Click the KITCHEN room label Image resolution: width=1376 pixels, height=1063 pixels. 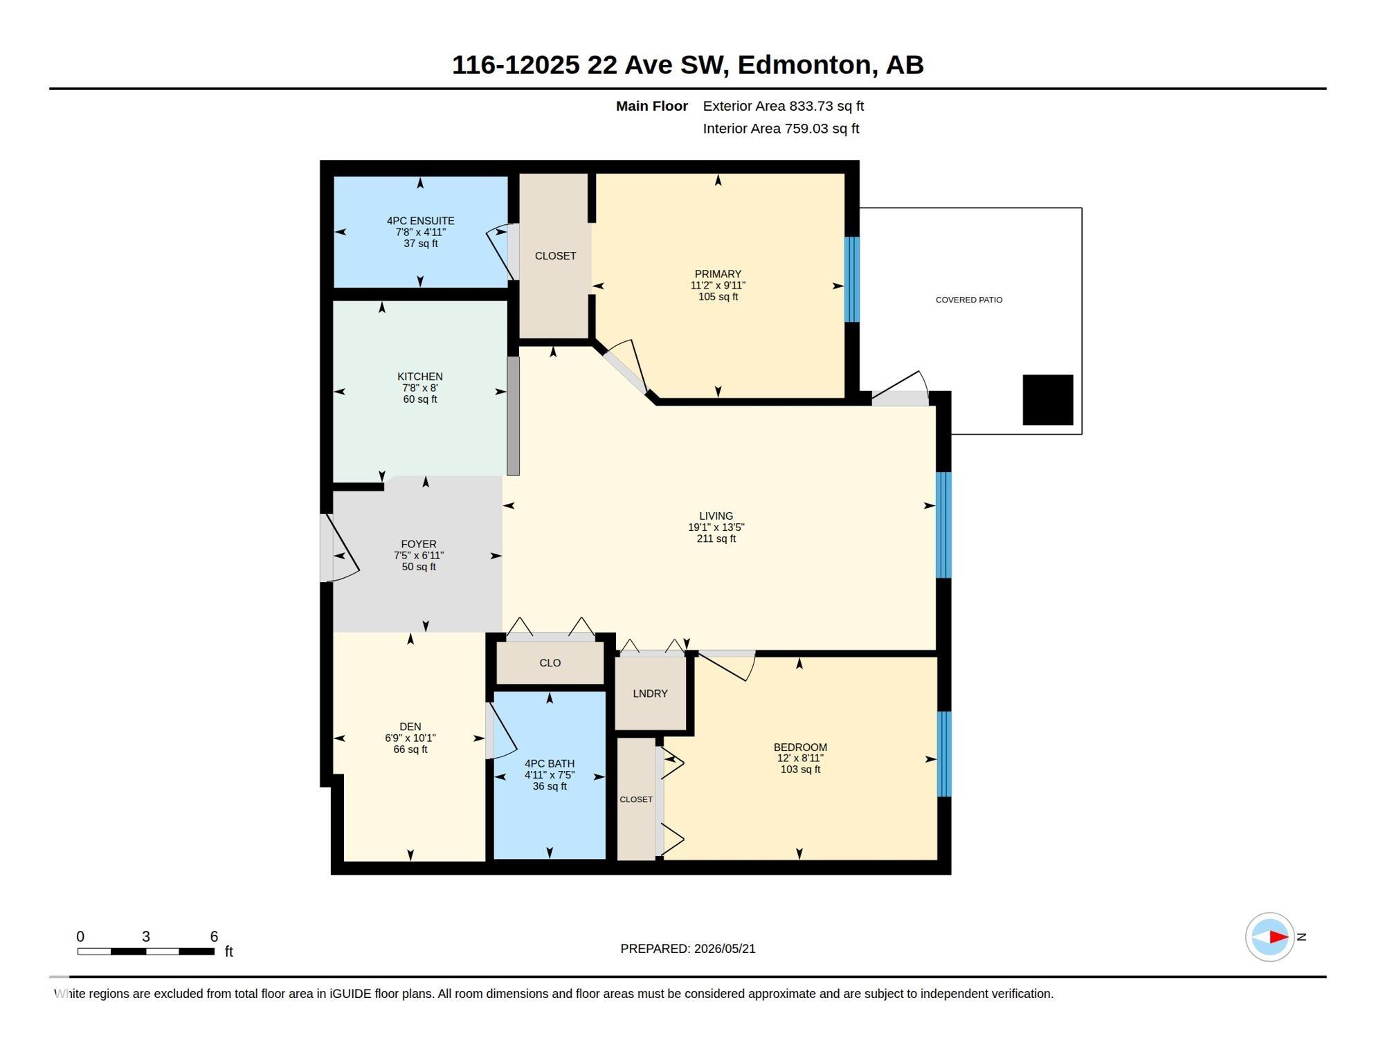tap(419, 376)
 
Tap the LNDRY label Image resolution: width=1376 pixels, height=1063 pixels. tap(650, 693)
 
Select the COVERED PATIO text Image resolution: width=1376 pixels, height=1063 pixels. tap(969, 300)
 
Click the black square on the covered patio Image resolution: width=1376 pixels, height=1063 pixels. tap(1048, 400)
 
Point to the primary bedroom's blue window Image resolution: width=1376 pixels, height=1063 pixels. tap(852, 280)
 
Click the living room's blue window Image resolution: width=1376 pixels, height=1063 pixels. tap(943, 525)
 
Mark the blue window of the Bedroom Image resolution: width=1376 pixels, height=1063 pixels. tap(944, 754)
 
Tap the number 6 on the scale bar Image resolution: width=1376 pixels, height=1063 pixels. tap(214, 936)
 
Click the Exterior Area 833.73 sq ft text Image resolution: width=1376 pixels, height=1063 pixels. tap(784, 106)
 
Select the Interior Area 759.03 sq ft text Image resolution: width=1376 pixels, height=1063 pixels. tap(781, 128)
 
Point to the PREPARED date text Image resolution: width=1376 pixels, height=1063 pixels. tap(688, 949)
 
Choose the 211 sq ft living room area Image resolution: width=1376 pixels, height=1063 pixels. tap(716, 538)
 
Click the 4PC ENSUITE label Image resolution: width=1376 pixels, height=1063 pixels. tap(421, 221)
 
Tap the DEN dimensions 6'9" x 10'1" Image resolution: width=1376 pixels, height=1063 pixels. tap(410, 738)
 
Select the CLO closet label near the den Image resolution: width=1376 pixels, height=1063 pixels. tap(550, 663)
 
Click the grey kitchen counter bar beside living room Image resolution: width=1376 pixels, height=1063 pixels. tap(514, 416)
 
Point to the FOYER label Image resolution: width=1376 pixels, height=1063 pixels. tap(419, 544)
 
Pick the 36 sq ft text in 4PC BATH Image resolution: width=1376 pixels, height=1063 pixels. tap(550, 786)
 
